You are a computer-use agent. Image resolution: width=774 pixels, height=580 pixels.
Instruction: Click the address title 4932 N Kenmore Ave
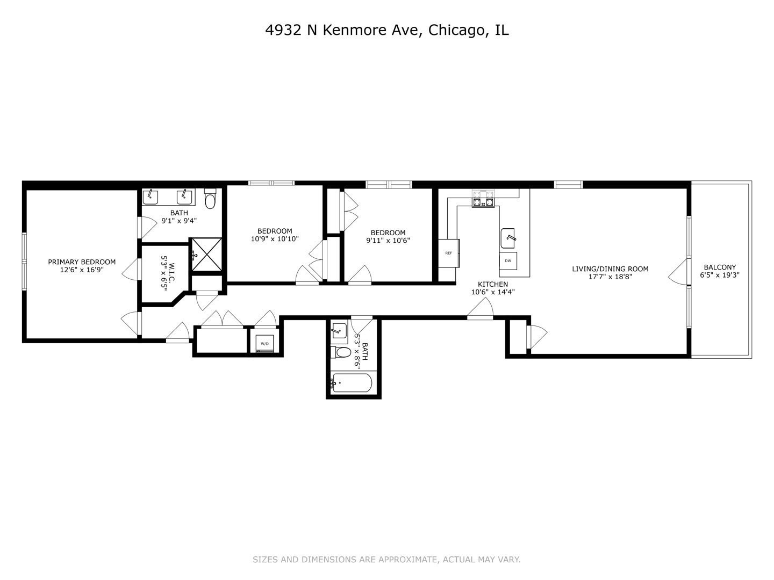(x=386, y=31)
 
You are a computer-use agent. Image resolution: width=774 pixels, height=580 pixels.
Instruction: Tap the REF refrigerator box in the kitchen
(x=448, y=253)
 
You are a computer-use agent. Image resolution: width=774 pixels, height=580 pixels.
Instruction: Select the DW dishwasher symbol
(x=508, y=261)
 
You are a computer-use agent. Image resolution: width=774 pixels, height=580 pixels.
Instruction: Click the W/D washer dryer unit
(x=264, y=343)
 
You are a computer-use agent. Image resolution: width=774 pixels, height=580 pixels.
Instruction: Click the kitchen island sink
(x=508, y=236)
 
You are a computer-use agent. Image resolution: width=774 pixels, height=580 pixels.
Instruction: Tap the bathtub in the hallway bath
(x=352, y=383)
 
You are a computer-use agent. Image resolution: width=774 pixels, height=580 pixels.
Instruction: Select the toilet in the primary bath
(x=210, y=200)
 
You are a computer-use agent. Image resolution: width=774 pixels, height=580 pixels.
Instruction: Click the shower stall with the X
(x=206, y=254)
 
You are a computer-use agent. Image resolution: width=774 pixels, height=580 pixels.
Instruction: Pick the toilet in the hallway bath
(x=341, y=353)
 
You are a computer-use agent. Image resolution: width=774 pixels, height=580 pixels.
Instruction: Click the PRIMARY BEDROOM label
(x=82, y=262)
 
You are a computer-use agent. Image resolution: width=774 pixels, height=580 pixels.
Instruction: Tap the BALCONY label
(x=720, y=267)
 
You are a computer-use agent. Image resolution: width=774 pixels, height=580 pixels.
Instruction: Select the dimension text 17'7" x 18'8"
(x=610, y=277)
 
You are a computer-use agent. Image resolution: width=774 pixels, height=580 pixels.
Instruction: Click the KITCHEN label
(x=493, y=284)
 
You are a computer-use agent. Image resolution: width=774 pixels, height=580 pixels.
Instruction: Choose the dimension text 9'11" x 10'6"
(x=388, y=241)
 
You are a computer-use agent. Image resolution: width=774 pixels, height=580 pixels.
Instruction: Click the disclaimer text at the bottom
(x=386, y=560)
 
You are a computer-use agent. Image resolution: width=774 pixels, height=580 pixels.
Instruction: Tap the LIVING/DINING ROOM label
(x=610, y=269)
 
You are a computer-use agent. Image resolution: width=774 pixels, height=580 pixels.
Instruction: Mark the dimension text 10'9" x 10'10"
(x=275, y=239)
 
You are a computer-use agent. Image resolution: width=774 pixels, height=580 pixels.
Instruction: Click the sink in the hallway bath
(x=339, y=329)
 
